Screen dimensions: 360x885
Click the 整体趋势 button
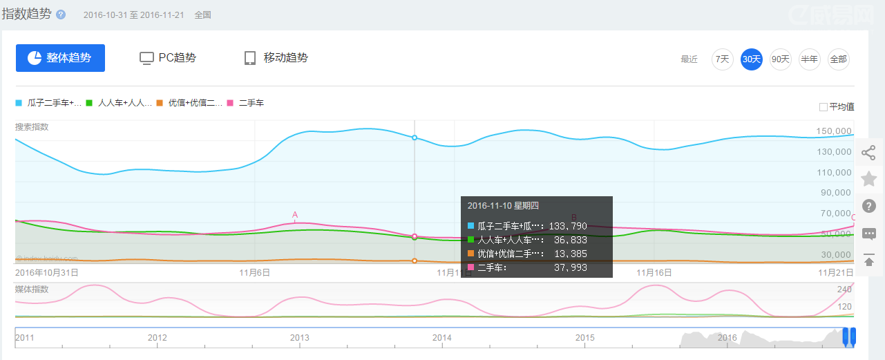(x=60, y=58)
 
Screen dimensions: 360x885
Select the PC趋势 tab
(x=168, y=58)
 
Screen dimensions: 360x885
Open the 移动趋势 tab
(x=276, y=58)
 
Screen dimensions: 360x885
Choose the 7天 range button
(x=723, y=59)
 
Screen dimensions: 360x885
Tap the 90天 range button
(x=781, y=59)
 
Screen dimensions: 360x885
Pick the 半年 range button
(x=810, y=59)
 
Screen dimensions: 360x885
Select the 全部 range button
(x=838, y=59)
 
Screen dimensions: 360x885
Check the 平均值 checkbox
(x=824, y=107)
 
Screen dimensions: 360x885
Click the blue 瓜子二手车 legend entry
(x=49, y=103)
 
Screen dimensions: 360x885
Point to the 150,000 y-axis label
(x=833, y=131)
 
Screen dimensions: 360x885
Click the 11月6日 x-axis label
(x=254, y=272)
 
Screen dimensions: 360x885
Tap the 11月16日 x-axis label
(x=654, y=272)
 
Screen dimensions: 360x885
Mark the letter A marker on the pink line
(x=295, y=215)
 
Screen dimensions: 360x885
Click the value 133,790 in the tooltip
(x=568, y=226)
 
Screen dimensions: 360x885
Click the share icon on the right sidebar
(x=869, y=153)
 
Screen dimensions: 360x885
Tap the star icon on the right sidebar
(x=869, y=180)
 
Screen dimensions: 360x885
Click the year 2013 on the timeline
(x=299, y=338)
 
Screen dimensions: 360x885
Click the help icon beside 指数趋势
(x=61, y=15)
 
